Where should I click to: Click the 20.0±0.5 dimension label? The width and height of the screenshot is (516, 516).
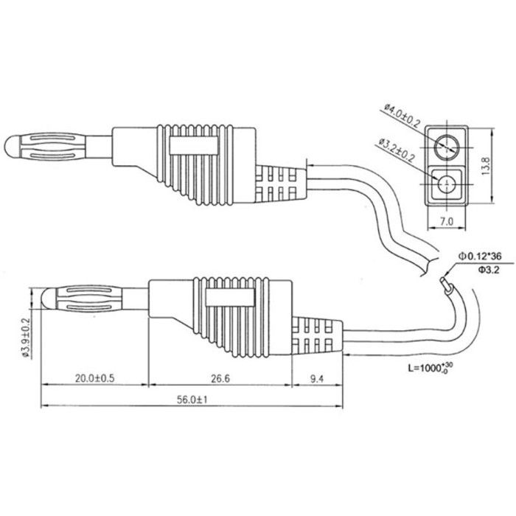94,378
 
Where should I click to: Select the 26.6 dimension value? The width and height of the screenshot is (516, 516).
220,378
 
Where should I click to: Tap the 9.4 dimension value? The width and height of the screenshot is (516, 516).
316,379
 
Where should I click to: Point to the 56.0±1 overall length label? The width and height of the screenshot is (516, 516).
192,400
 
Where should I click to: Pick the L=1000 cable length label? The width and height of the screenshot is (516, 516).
430,368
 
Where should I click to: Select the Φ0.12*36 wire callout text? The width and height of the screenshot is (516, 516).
480,256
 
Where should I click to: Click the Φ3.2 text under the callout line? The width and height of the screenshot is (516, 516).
489,270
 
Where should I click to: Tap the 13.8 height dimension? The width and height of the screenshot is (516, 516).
486,166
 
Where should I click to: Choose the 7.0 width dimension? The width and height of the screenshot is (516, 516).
447,221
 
